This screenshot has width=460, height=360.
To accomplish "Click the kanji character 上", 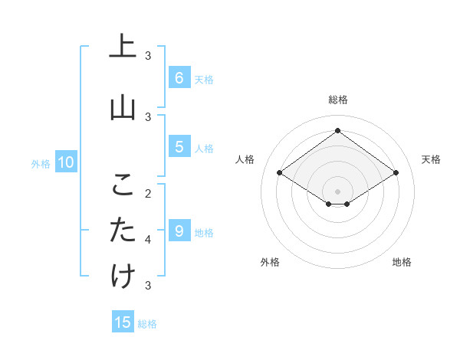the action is point(123,47).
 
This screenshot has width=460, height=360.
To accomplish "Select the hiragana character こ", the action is point(123,185).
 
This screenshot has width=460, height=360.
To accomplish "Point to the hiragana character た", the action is point(123,230).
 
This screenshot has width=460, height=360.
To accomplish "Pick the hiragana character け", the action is point(123,276).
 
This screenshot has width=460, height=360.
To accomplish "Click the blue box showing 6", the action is point(179,78).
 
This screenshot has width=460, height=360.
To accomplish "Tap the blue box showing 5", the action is point(179,147).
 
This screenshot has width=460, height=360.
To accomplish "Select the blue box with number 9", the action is point(179,231).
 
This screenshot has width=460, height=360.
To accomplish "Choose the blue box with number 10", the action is point(65,162).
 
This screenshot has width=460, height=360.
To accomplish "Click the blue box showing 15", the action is point(123,322).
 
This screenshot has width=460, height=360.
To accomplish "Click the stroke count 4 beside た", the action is point(149,239).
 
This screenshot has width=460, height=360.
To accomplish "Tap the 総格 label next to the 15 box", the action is point(147,324).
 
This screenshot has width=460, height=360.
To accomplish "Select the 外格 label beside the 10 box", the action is point(40,163).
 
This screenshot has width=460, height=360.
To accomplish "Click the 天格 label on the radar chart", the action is point(431,159).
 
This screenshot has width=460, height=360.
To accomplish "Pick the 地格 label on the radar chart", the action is point(402,262).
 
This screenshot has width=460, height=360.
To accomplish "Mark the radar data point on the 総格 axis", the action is point(337,130).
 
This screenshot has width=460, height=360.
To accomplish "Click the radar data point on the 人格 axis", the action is point(280,173).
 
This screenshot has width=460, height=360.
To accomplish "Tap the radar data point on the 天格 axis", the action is point(396,173).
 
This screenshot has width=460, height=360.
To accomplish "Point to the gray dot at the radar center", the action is point(337,191).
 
